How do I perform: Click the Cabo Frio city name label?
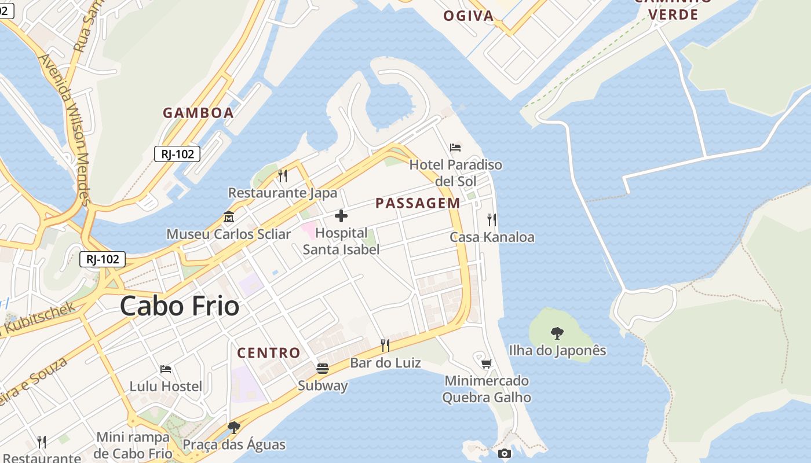180,306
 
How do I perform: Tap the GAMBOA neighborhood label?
198,113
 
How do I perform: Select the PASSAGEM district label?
418,203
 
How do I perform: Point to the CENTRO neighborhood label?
269,352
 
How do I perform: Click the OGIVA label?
469,16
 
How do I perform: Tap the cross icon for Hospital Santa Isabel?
341,216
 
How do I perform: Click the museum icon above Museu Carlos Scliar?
228,217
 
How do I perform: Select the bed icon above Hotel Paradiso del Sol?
455,148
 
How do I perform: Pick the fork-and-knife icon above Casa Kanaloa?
492,219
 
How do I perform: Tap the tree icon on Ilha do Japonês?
557,333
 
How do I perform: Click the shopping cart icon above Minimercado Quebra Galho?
487,363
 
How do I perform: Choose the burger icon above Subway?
323,368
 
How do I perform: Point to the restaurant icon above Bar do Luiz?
385,346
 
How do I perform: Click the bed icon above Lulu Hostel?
166,369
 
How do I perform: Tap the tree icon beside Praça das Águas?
233,428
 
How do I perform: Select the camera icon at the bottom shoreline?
505,453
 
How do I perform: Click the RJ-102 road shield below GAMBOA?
177,154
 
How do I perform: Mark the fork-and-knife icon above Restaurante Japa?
283,175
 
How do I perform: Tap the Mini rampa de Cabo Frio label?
134,444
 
